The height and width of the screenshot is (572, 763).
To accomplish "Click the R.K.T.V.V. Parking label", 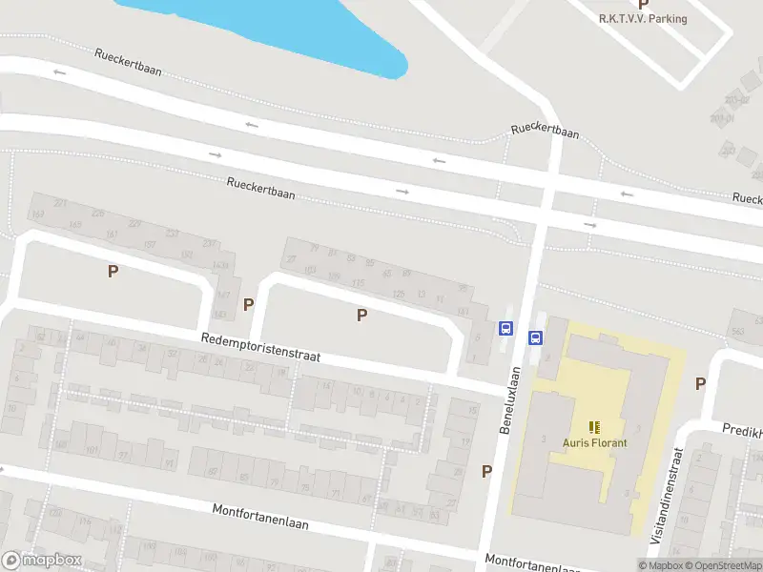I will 643,19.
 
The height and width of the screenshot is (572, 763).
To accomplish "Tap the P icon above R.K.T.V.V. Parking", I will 643,5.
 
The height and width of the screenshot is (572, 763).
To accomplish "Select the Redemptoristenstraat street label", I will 260,347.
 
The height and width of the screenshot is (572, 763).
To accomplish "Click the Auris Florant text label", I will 594,442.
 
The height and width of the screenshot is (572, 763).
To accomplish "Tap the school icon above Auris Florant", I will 594,427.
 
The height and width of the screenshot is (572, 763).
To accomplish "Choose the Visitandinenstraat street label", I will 669,499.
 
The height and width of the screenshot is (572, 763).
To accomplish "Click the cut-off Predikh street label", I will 742,430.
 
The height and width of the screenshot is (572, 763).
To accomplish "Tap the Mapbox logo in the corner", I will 40,562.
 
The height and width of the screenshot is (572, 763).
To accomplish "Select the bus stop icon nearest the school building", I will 535,337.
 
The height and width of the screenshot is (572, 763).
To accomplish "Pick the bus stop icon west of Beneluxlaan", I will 505,329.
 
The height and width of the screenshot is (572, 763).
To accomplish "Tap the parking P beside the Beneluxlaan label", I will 486,471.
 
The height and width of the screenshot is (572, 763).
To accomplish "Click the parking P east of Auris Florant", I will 700,384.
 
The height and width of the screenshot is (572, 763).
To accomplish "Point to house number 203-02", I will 735,100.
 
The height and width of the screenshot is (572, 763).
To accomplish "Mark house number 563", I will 737,332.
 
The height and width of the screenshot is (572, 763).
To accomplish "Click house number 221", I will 60,203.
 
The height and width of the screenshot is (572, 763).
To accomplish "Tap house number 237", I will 209,243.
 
